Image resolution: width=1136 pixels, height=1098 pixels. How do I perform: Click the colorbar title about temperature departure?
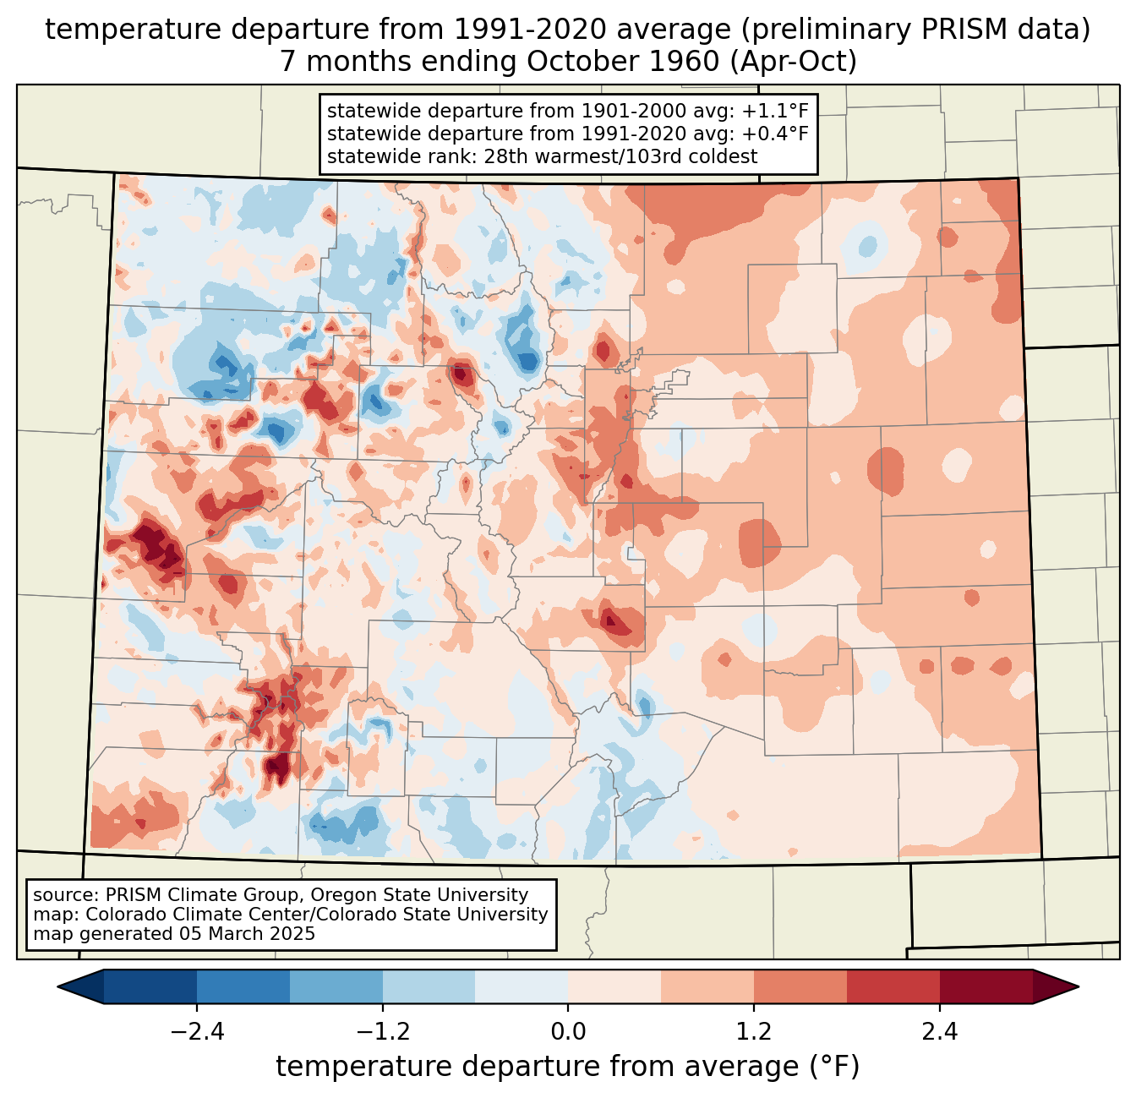[x=568, y=1067]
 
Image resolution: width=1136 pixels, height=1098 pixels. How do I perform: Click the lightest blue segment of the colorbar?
[x=522, y=986]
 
